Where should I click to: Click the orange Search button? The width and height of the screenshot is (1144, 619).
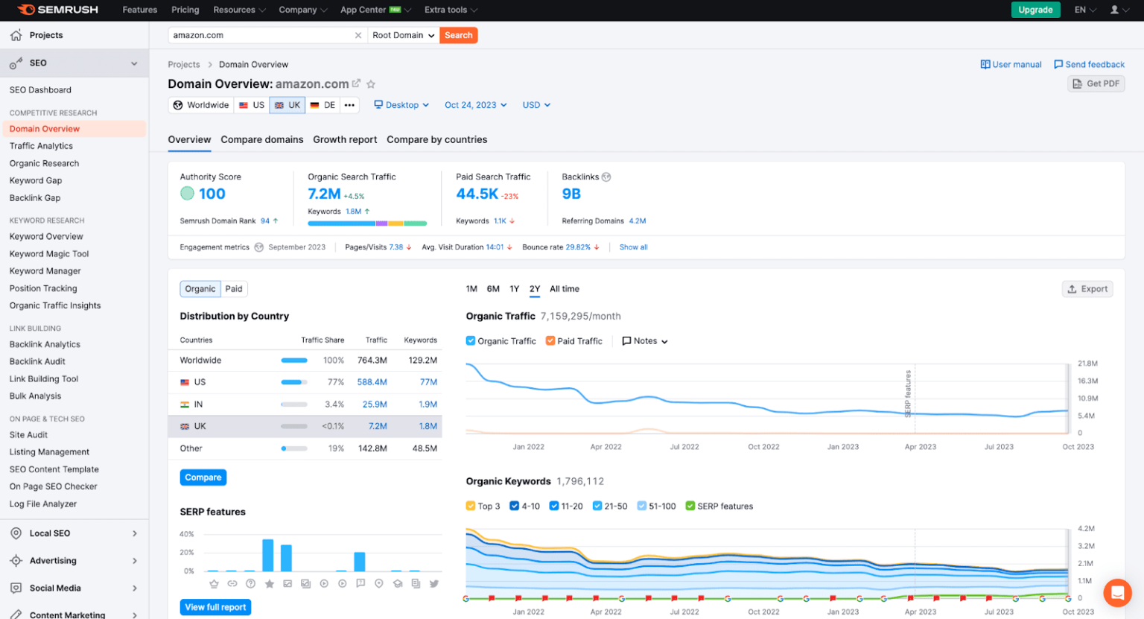pyautogui.click(x=458, y=35)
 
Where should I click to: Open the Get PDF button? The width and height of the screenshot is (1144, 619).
pyautogui.click(x=1096, y=83)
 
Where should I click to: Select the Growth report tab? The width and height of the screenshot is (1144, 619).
pyautogui.click(x=345, y=139)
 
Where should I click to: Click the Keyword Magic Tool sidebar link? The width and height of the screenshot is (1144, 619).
pyautogui.click(x=49, y=254)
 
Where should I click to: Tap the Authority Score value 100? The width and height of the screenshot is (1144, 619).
pyautogui.click(x=212, y=194)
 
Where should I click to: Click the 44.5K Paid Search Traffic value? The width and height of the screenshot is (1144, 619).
pyautogui.click(x=477, y=194)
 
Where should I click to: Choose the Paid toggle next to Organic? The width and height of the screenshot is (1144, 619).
pyautogui.click(x=234, y=289)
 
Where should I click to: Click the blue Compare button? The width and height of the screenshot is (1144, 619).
pyautogui.click(x=203, y=477)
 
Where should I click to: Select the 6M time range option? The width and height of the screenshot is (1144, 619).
pyautogui.click(x=493, y=289)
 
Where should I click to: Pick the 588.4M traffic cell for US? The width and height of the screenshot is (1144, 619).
pyautogui.click(x=372, y=382)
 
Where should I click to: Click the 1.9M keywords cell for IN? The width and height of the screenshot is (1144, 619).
pyautogui.click(x=428, y=404)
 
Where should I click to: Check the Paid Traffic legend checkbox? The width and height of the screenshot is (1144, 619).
pyautogui.click(x=550, y=341)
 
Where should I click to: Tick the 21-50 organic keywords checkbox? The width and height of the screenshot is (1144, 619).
pyautogui.click(x=597, y=507)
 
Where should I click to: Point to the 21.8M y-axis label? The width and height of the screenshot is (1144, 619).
pyautogui.click(x=1087, y=364)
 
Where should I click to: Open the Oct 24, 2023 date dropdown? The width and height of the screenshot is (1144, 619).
pyautogui.click(x=475, y=105)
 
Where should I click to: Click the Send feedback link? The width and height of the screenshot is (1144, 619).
pyautogui.click(x=1089, y=65)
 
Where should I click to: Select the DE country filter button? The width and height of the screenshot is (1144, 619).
pyautogui.click(x=323, y=105)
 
